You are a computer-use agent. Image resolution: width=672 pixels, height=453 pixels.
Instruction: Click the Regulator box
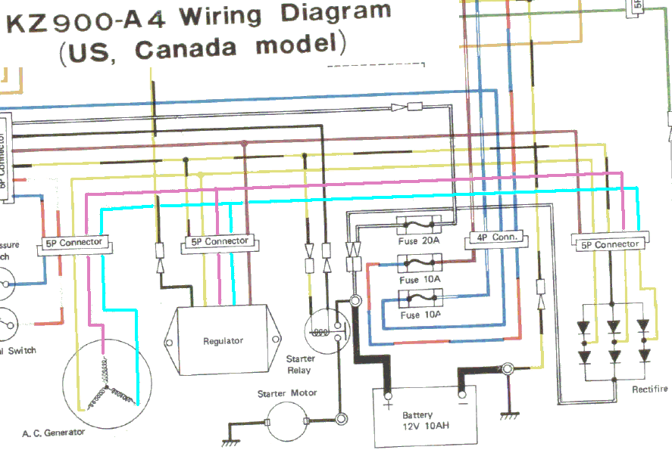[x=223, y=340]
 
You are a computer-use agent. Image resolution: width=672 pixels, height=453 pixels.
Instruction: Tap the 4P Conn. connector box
[x=496, y=237]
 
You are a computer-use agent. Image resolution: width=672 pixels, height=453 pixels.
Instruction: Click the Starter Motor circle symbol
[x=286, y=420]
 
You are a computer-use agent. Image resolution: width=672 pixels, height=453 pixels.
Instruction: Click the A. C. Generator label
[x=53, y=433]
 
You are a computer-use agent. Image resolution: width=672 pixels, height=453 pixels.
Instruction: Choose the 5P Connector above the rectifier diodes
[x=610, y=244]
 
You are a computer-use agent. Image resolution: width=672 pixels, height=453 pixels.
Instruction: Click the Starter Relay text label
[x=301, y=365]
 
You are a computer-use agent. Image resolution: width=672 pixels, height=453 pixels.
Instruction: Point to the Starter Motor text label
[x=287, y=393]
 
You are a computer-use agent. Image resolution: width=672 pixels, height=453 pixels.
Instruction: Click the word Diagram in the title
[x=338, y=14]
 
